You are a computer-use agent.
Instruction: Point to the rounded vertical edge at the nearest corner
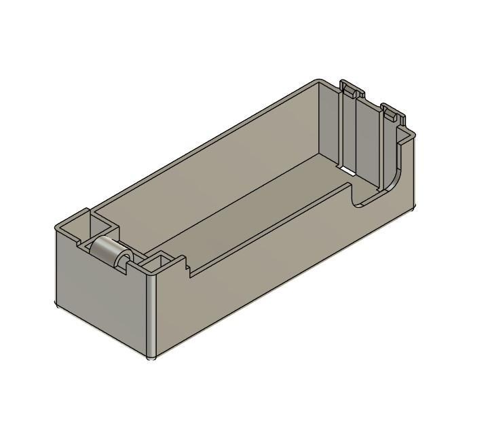(151, 313)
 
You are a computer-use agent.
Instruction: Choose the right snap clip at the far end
(390, 111)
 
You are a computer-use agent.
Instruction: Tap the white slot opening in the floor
(345, 170)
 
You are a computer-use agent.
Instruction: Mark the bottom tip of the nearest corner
(153, 357)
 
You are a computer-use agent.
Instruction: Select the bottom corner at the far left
(55, 304)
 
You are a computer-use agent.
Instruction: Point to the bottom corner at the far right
(413, 208)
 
